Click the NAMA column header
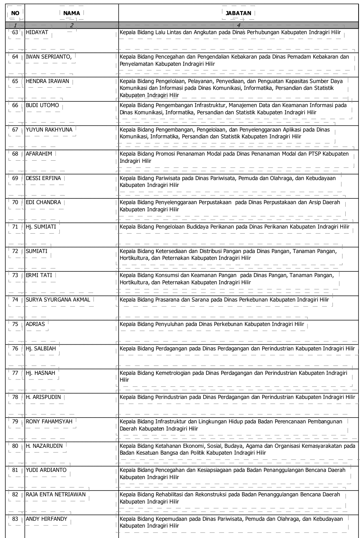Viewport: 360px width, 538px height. point(72,13)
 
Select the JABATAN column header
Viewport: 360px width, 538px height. point(238,13)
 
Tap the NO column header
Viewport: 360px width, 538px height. point(15,13)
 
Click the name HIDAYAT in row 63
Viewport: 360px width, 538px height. point(37,32)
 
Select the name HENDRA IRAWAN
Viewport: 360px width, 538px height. point(47,81)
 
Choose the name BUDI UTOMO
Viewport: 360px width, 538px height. point(42,105)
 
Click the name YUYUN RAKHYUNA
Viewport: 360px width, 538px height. point(49,130)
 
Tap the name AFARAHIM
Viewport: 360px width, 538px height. point(39,154)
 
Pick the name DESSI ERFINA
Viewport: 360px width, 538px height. point(44,178)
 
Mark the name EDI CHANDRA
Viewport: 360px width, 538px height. point(44,202)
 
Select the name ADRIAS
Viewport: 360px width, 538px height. point(35,324)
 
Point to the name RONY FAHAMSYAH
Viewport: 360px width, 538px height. point(49,422)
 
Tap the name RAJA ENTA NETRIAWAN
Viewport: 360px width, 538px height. point(56,495)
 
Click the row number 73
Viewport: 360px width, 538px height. point(15,275)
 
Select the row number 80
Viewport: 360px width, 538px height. point(15,446)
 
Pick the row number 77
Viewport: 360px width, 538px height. point(15,373)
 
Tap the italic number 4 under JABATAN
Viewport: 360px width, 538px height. point(238,25)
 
